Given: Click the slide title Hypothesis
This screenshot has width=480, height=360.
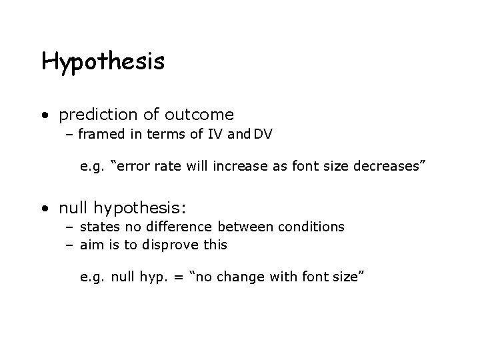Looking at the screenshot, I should click(x=103, y=62).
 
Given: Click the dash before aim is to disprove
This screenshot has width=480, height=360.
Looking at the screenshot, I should click(x=70, y=245).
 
